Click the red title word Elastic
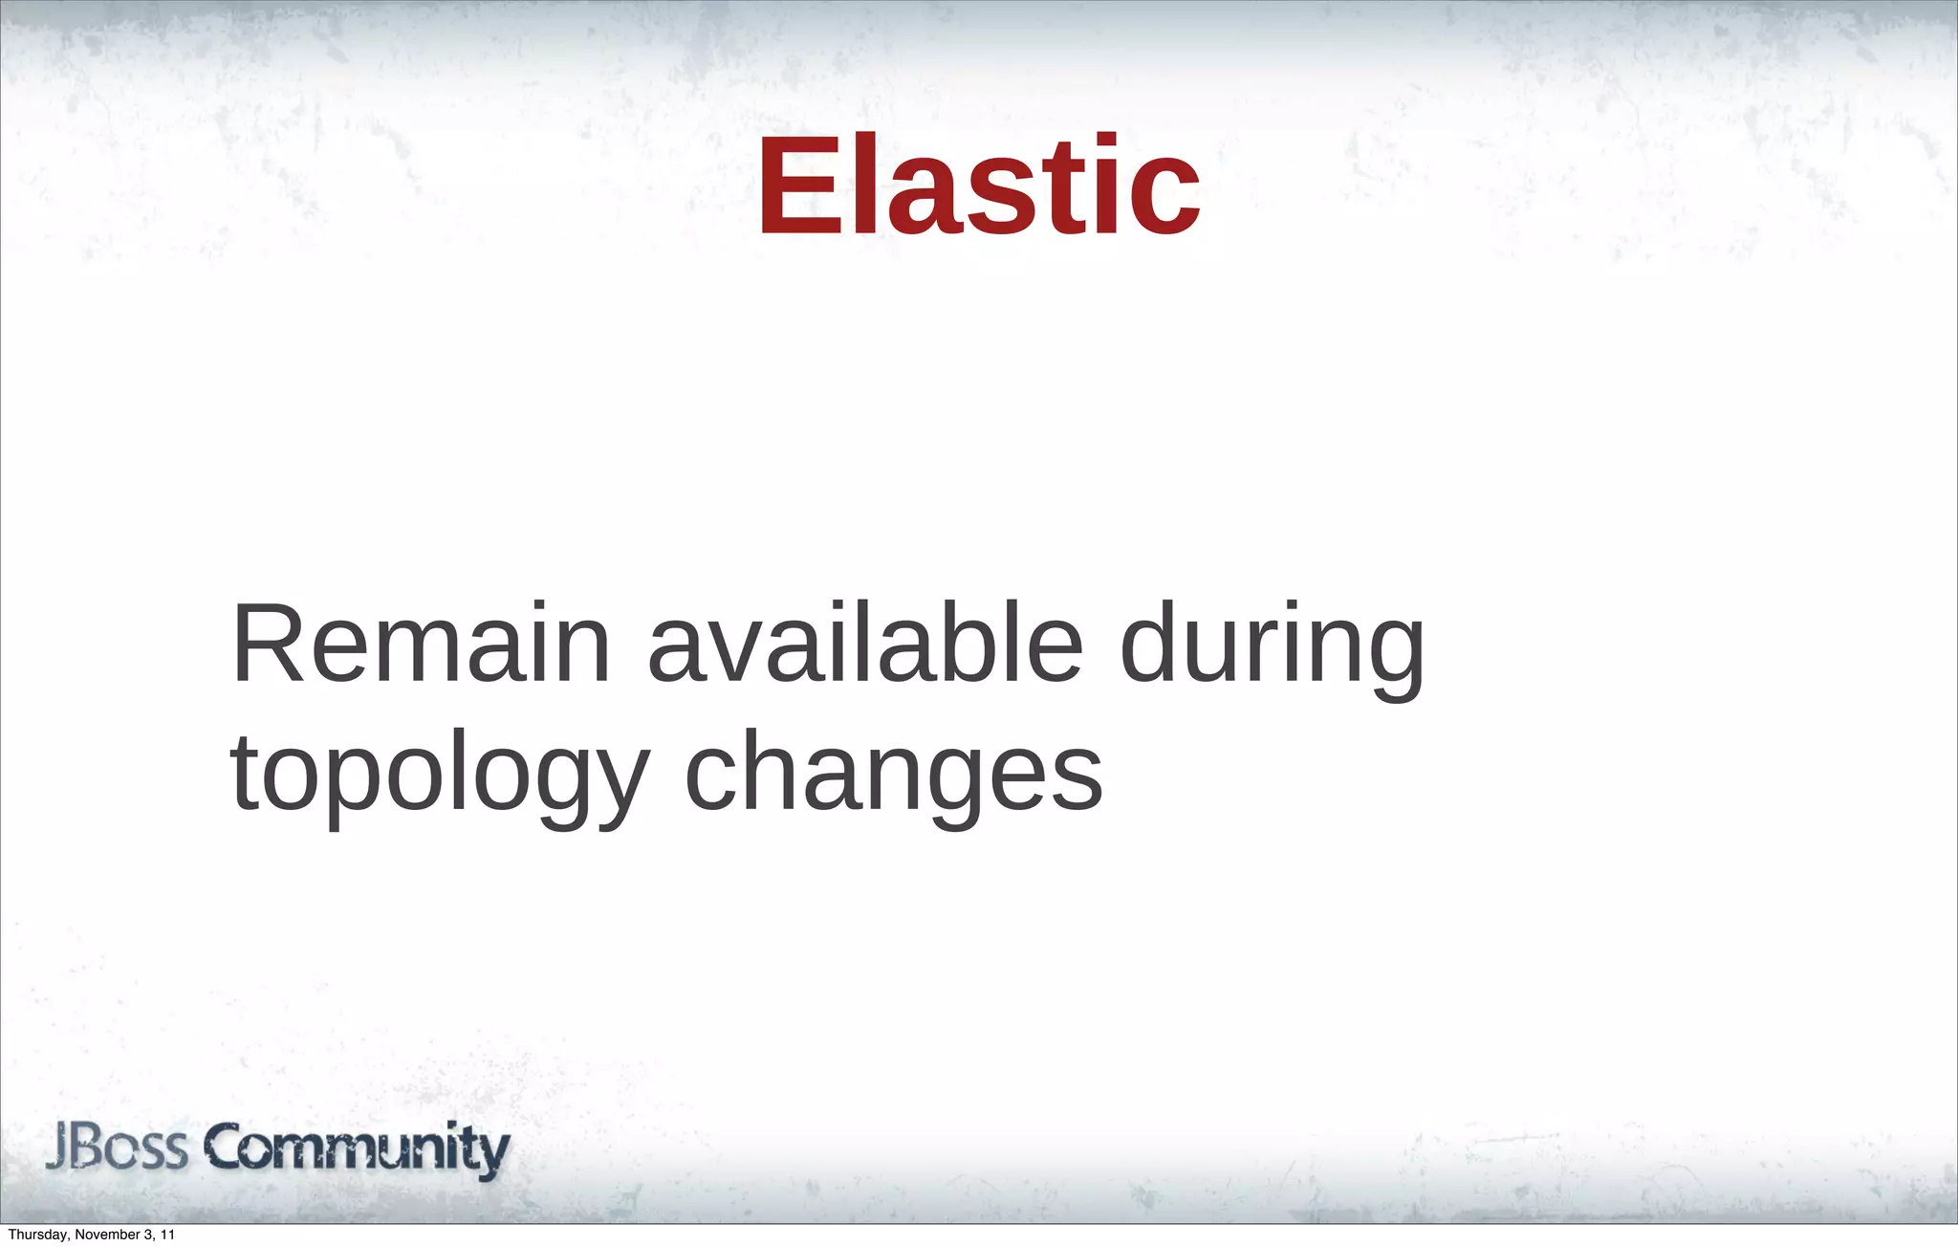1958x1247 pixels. coord(979,186)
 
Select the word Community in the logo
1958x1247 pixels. coord(359,1149)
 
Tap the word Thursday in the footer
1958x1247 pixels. coord(37,1236)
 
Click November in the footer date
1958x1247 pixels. coord(107,1236)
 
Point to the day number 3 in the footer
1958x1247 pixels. coord(150,1236)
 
